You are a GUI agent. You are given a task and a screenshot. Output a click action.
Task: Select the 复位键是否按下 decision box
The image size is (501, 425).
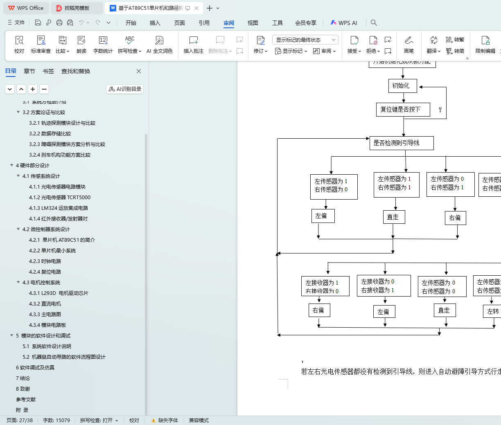click(x=403, y=110)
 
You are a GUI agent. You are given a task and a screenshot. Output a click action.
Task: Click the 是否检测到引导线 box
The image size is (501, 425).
click(x=401, y=143)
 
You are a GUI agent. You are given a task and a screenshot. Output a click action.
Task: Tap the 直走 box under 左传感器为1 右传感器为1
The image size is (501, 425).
click(x=393, y=217)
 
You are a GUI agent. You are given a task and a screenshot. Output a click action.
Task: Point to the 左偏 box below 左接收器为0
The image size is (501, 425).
click(x=384, y=312)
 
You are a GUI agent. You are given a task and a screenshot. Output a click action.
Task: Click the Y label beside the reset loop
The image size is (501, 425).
click(x=440, y=110)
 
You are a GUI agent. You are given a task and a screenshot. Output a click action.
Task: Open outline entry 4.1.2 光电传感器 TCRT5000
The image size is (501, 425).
click(x=59, y=198)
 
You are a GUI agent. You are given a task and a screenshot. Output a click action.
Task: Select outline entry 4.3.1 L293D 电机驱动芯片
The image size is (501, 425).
click(x=59, y=293)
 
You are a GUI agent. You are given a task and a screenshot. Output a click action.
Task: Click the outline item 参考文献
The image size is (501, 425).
click(x=26, y=400)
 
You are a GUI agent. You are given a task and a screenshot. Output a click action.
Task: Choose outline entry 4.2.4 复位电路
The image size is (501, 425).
click(x=45, y=272)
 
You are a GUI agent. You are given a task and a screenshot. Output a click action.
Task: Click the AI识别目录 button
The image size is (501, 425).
click(x=125, y=89)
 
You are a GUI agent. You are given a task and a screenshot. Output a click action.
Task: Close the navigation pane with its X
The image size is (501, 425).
click(x=139, y=71)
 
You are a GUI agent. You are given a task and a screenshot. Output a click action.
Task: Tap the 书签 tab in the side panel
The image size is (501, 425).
click(x=48, y=71)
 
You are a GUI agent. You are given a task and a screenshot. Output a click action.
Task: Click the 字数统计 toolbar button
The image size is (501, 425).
click(x=103, y=45)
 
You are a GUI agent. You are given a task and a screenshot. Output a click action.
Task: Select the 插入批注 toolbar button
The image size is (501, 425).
click(x=194, y=45)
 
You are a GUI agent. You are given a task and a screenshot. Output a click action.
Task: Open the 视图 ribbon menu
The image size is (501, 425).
click(x=253, y=23)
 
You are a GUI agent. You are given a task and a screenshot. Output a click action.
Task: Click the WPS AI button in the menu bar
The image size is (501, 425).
click(x=344, y=23)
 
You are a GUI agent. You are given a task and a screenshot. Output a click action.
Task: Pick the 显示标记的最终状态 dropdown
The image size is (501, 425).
click(x=305, y=40)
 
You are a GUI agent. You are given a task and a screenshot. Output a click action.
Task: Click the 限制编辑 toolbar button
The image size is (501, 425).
click(x=485, y=45)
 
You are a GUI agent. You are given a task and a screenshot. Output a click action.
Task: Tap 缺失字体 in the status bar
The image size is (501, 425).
click(x=165, y=421)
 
